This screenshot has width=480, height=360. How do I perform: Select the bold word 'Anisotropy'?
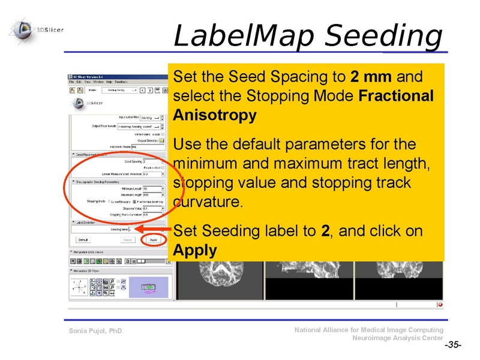tap(214, 115)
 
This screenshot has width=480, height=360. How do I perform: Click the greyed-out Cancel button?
tap(127, 239)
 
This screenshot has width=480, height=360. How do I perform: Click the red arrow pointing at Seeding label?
tap(153, 229)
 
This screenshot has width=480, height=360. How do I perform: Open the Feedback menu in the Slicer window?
tap(121, 82)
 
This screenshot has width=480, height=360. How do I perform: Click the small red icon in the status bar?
tap(440, 304)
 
